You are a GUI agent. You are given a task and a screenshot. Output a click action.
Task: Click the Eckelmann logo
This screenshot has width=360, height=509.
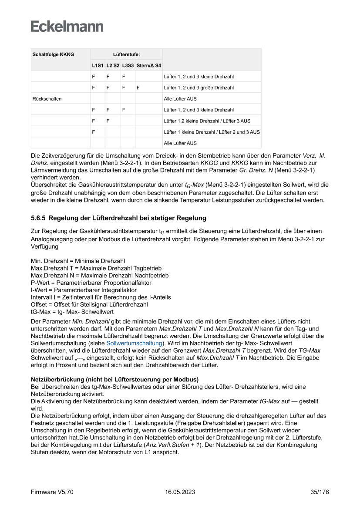pyautogui.click(x=67, y=26)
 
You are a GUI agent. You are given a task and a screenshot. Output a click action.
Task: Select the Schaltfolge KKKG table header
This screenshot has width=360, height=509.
pyautogui.click(x=53, y=54)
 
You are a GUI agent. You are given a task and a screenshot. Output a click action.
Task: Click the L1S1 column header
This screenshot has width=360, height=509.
pyautogui.click(x=98, y=65)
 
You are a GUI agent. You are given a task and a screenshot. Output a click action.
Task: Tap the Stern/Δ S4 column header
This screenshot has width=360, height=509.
pyautogui.click(x=148, y=65)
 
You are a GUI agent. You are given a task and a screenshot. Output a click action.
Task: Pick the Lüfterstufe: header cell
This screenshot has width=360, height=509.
pyautogui.click(x=126, y=54)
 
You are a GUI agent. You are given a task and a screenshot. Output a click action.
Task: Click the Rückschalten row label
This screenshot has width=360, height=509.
pyautogui.click(x=47, y=99)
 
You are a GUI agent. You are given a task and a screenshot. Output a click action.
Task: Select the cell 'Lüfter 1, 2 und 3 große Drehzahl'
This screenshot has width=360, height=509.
pyautogui.click(x=199, y=88)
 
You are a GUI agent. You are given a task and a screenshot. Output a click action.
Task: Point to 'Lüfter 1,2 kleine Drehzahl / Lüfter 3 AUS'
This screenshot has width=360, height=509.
pyautogui.click(x=207, y=121)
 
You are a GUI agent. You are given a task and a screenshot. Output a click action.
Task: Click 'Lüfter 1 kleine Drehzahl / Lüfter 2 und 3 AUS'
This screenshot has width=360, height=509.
pyautogui.click(x=212, y=132)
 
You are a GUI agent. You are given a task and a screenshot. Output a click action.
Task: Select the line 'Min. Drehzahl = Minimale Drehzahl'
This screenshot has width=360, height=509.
pyautogui.click(x=72, y=260)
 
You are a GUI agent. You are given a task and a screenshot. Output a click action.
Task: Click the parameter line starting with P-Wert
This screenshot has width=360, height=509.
pyautogui.click(x=85, y=283)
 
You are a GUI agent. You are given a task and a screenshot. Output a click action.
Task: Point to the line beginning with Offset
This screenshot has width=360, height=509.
pyautogui.click(x=89, y=304)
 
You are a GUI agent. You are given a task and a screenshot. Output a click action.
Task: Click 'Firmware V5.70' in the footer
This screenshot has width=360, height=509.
pyautogui.click(x=52, y=492)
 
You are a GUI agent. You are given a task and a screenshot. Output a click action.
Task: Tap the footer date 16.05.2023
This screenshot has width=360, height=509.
pyautogui.click(x=180, y=492)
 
